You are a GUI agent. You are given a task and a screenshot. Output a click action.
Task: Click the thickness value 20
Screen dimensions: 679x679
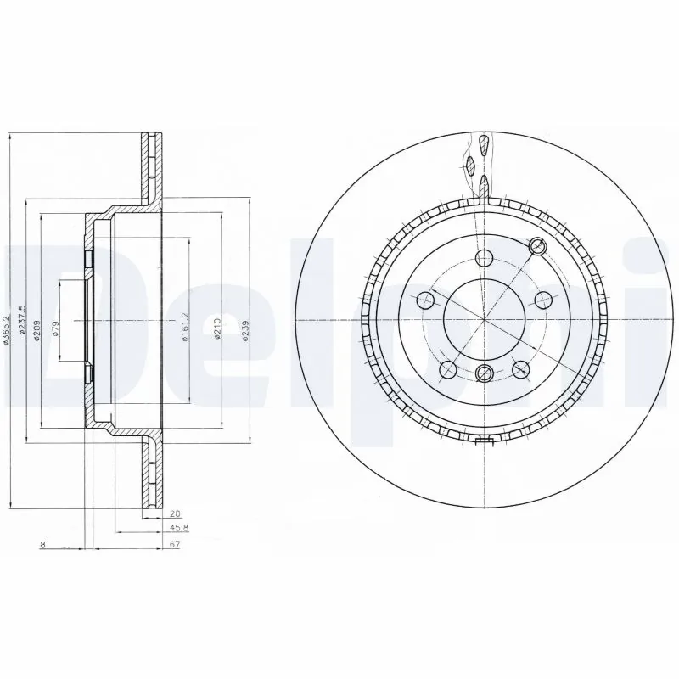[x=175, y=513]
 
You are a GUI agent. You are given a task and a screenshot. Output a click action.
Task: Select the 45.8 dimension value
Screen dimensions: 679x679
[x=173, y=529]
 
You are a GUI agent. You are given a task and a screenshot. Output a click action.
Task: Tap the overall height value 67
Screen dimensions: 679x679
[x=174, y=545]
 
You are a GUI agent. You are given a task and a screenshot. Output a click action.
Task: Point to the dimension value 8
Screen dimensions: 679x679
[x=42, y=545]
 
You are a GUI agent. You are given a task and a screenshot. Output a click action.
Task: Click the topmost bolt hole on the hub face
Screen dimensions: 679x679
[x=483, y=259]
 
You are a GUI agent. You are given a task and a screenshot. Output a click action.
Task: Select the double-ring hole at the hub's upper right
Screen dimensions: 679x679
[x=536, y=246]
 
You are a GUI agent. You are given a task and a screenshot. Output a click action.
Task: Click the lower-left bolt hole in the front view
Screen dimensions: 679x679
[x=447, y=370]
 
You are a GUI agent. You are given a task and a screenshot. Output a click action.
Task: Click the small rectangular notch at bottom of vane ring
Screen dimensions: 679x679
[x=485, y=440]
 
